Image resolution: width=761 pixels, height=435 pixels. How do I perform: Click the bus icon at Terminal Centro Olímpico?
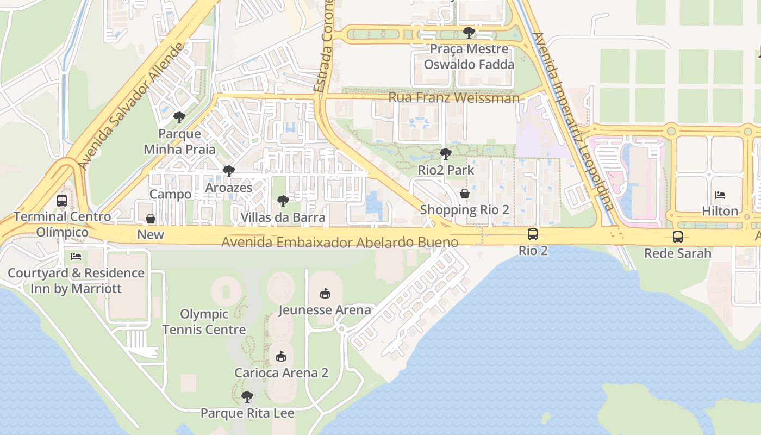coord(62,201)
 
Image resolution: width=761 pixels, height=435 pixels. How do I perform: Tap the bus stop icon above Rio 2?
coord(533,234)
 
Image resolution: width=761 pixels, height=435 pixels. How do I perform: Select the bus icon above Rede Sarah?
coord(677,237)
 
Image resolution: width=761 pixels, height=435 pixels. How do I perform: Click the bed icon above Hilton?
coord(720,195)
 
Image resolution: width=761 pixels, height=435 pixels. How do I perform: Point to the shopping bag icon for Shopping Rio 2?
coord(465,194)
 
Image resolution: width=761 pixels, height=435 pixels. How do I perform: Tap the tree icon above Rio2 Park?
coord(445,154)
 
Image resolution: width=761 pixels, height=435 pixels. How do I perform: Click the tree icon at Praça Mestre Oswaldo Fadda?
coord(469,33)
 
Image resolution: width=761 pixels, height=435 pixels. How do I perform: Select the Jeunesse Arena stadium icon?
coord(325,294)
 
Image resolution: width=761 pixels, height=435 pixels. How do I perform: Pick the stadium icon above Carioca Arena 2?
coord(281,357)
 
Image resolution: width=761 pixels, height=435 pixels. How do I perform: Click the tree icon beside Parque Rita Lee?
coord(247,397)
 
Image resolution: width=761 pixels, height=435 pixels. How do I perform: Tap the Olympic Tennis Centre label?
coord(204,322)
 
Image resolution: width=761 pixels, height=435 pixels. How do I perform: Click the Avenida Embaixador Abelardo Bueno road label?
coord(340,243)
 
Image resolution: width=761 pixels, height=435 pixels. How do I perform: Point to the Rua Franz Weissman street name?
coord(454,98)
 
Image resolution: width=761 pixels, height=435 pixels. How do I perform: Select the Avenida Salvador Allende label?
coord(132,106)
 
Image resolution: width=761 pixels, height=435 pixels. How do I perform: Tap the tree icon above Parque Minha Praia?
coord(179,117)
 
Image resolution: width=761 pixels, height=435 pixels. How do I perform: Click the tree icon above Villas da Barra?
coord(283,202)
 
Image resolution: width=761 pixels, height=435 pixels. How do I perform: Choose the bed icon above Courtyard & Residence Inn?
coord(76,257)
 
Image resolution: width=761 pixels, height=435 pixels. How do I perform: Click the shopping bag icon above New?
coord(151,219)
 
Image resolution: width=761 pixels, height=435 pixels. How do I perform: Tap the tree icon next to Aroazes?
coord(228,172)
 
